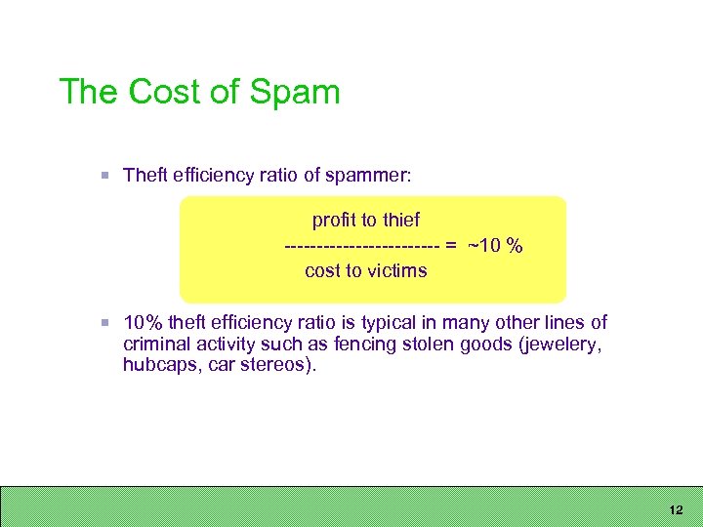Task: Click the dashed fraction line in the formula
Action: [361, 246]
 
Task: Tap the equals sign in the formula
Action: [451, 246]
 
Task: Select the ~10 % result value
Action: [495, 246]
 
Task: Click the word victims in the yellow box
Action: [396, 270]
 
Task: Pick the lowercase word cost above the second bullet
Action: [322, 270]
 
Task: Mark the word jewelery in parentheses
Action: [554, 344]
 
